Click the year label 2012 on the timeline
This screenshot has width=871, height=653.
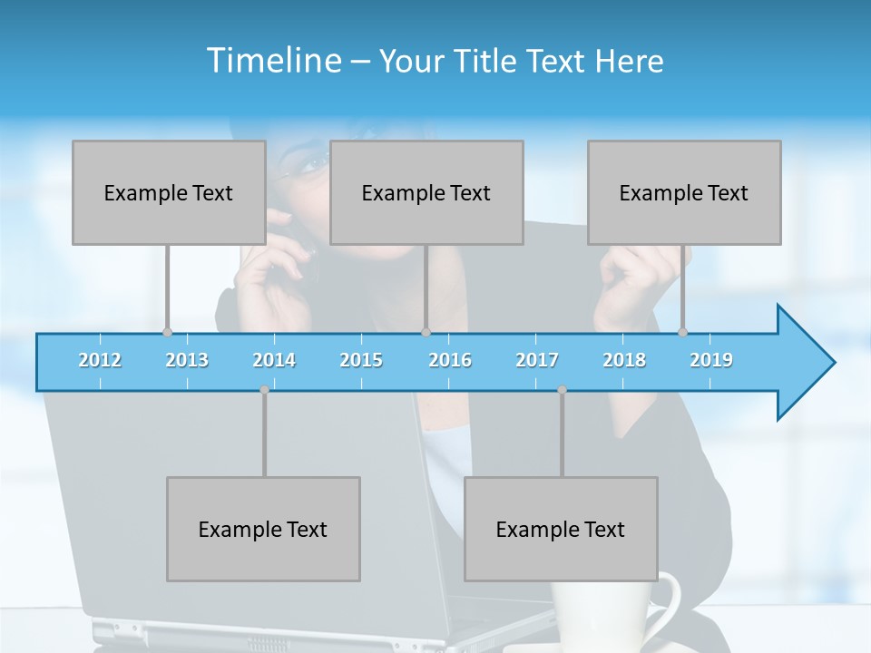[x=100, y=360]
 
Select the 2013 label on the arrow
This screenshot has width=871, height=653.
[x=187, y=360]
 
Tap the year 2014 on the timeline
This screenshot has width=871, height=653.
[x=274, y=360]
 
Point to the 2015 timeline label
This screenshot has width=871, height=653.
[x=361, y=360]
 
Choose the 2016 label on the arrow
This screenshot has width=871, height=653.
[x=450, y=360]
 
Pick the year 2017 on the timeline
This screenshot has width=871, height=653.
[x=537, y=360]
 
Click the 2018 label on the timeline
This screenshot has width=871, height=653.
[x=624, y=360]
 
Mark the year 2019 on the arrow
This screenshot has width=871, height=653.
[x=711, y=360]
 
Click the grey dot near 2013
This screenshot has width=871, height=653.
[x=167, y=333]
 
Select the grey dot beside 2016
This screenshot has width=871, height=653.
[x=426, y=333]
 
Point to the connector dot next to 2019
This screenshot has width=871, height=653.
[x=683, y=333]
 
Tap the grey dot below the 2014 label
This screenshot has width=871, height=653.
[x=264, y=390]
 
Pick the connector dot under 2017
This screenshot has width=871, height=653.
[x=562, y=390]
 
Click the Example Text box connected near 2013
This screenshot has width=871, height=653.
[x=169, y=192]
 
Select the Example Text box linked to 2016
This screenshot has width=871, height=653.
[x=426, y=192]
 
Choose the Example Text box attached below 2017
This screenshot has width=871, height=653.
[x=561, y=529]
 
